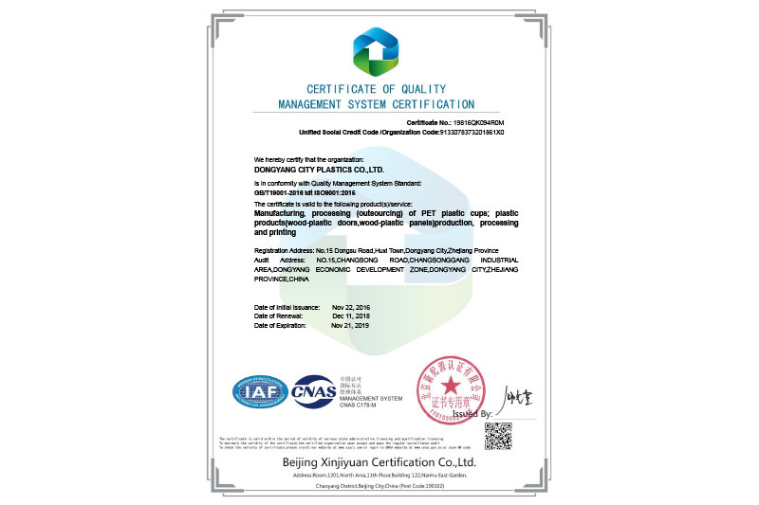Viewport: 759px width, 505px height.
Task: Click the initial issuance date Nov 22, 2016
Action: (x=351, y=308)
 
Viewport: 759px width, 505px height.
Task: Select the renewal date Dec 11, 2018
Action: (x=351, y=316)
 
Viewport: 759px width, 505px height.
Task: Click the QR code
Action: (x=498, y=436)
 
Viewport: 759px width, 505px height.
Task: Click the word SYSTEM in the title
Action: (x=381, y=104)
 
